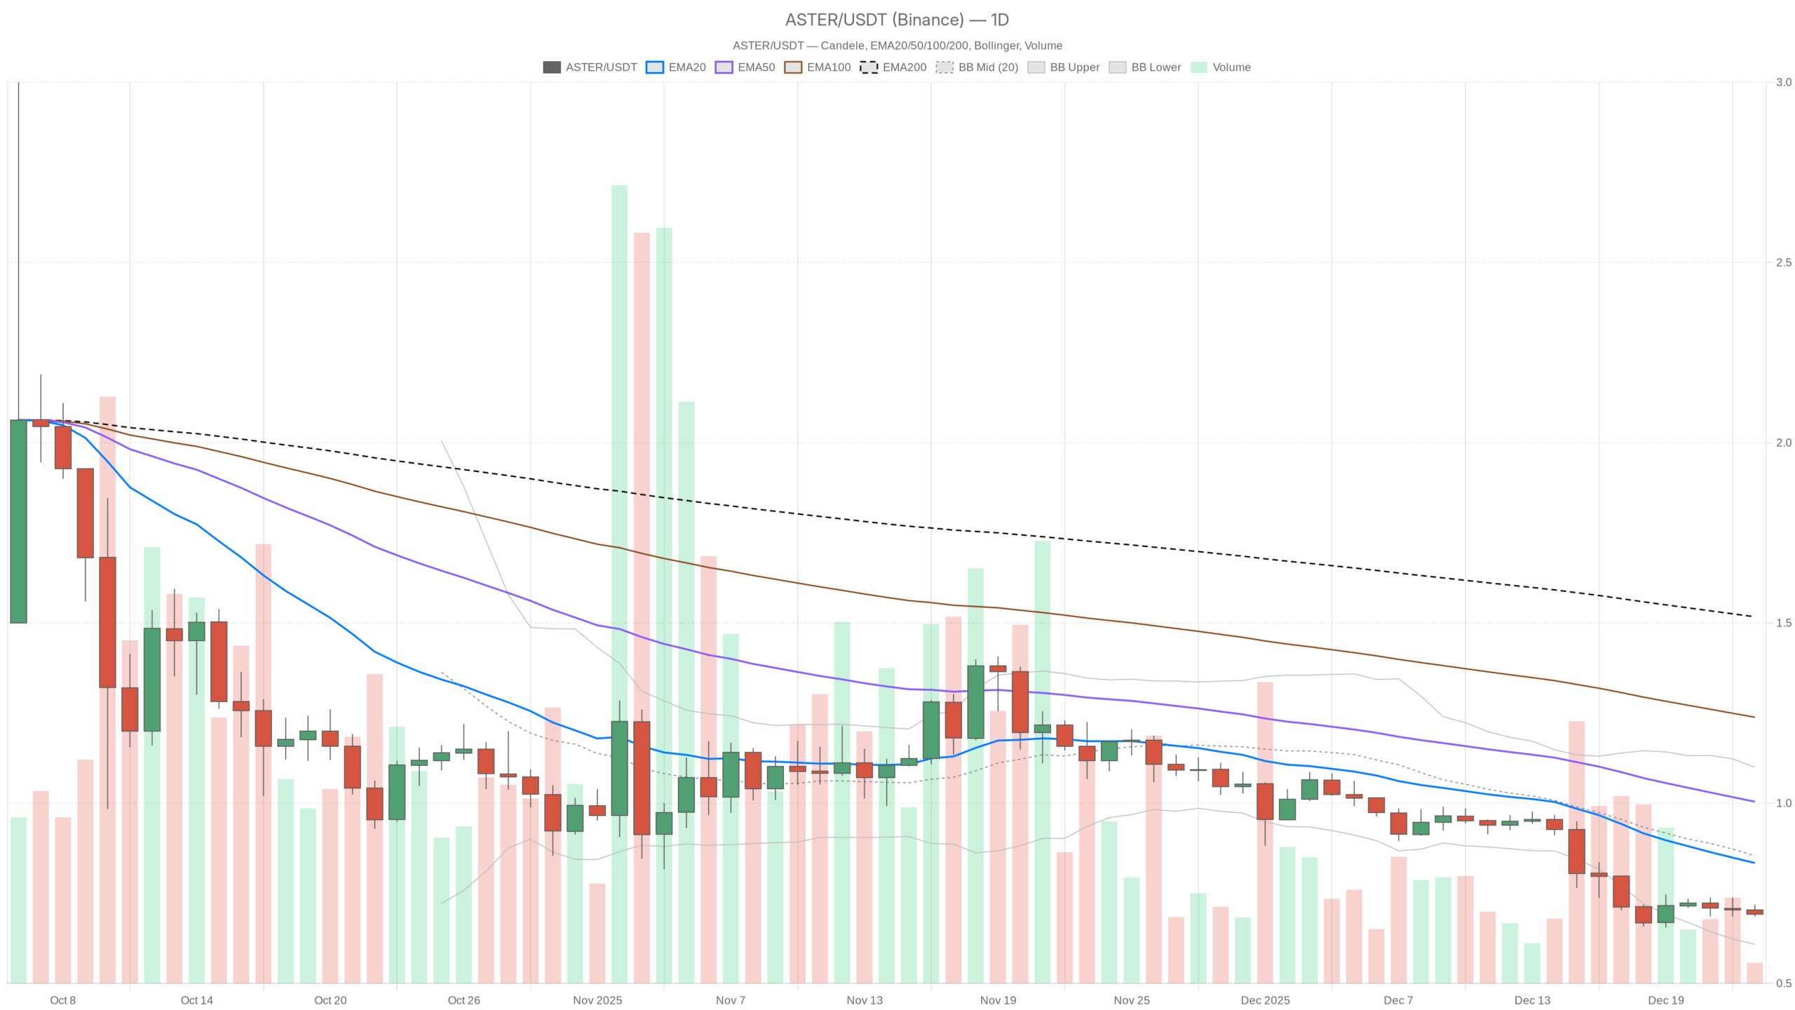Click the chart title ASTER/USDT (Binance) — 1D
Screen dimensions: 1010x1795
(x=897, y=20)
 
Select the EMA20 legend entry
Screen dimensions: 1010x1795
(x=676, y=67)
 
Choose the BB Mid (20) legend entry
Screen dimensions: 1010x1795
(x=977, y=67)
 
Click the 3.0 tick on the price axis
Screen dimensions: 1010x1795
(x=1783, y=82)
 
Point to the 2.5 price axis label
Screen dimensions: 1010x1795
(x=1783, y=262)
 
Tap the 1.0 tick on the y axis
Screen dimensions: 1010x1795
(x=1783, y=803)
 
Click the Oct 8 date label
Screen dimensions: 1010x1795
(x=62, y=1000)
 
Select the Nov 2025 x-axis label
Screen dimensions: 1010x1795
(x=597, y=1000)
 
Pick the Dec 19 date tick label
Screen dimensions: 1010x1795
(x=1666, y=1000)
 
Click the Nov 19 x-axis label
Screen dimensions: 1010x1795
(x=998, y=1000)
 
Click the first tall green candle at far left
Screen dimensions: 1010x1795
(x=18, y=521)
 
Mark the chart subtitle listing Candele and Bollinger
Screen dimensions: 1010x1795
(x=897, y=46)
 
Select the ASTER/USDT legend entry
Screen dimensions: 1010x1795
(x=590, y=67)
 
